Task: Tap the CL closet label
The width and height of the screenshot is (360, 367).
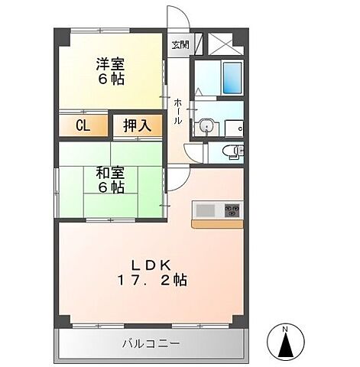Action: point(83,125)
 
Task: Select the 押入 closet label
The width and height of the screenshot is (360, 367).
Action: point(137,125)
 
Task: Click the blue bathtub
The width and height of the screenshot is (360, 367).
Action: point(232,77)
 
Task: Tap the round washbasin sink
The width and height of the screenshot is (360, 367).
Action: point(204,126)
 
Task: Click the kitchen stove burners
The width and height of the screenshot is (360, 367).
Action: point(231,209)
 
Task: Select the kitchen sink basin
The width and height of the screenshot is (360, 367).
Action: point(206,209)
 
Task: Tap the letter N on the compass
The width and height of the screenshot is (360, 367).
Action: point(285,330)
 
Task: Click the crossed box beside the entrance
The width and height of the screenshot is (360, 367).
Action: point(225,43)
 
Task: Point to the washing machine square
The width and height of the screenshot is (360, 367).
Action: point(235,127)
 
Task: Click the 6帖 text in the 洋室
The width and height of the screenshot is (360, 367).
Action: point(110,79)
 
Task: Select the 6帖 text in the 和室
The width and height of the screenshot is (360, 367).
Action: point(110,187)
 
